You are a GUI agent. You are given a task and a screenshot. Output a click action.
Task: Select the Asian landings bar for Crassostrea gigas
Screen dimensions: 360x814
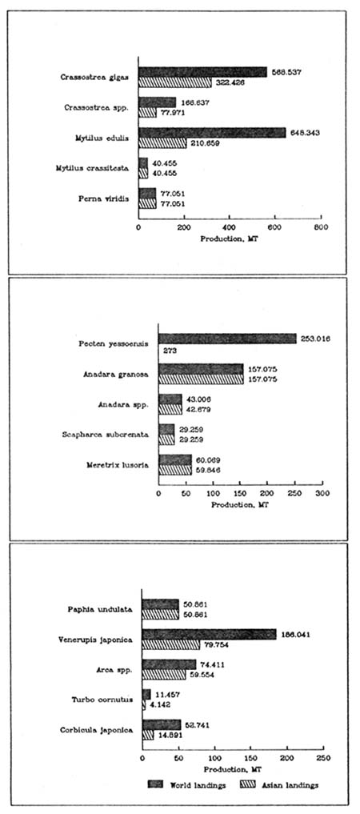pyautogui.click(x=175, y=82)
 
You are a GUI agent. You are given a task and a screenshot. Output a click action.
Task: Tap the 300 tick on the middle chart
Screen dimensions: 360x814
pyautogui.click(x=322, y=494)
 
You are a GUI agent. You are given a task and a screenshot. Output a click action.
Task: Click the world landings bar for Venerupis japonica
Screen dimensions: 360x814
pyautogui.click(x=209, y=634)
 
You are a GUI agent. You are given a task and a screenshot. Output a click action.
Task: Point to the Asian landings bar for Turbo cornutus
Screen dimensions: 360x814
pyautogui.click(x=144, y=704)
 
